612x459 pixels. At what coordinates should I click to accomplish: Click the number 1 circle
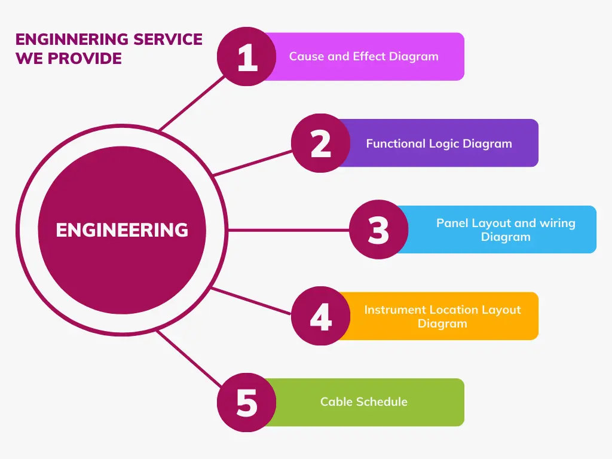(x=246, y=57)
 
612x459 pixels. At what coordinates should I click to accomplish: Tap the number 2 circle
(x=321, y=143)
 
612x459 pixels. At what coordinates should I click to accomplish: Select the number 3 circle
(x=378, y=229)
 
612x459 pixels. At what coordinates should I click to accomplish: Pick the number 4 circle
(x=321, y=316)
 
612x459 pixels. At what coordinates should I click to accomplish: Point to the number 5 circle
(x=246, y=402)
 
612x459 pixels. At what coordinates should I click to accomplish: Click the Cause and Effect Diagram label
(x=363, y=57)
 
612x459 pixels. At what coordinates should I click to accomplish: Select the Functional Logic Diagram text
(x=439, y=143)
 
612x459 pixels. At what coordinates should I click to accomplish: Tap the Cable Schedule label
(x=363, y=402)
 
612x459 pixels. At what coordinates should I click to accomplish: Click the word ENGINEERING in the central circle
(x=122, y=230)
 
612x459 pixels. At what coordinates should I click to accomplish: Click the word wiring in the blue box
(x=557, y=223)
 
